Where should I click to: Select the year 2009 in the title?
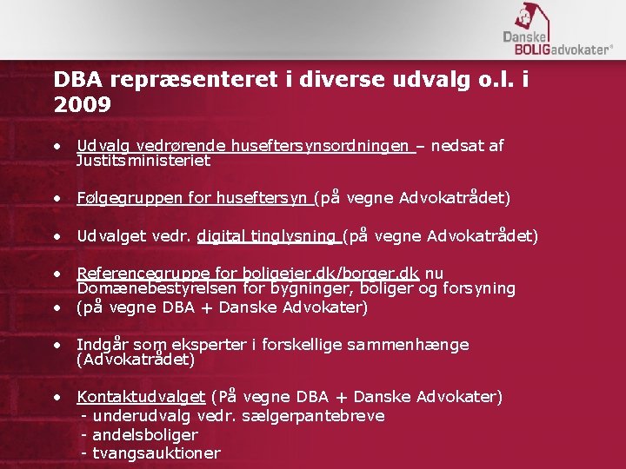coord(82,106)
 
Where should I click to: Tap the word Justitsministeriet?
coord(143,161)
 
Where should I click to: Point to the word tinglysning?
coord(294,236)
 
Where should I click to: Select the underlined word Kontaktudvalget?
coord(141,397)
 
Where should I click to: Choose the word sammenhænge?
coord(408,345)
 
